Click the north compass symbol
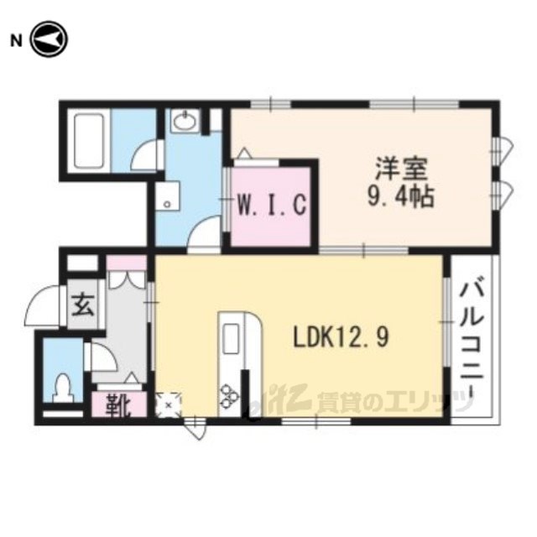(50, 39)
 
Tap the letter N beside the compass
(16, 41)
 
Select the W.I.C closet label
(272, 205)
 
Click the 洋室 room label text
(401, 169)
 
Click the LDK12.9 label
(341, 336)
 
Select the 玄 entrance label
(82, 305)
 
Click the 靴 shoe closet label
(118, 405)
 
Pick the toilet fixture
(64, 388)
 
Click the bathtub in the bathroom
(89, 140)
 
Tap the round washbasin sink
(185, 120)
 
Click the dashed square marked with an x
(168, 404)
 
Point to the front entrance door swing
(42, 305)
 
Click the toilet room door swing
(102, 357)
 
